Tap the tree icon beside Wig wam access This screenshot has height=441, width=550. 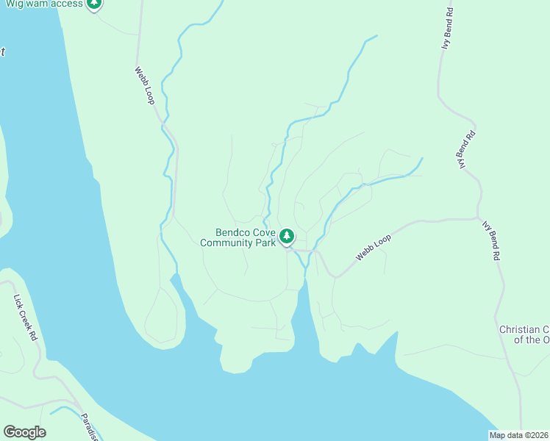(x=93, y=4)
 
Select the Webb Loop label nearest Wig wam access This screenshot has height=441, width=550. (x=144, y=85)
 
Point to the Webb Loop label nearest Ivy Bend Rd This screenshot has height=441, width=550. (x=374, y=245)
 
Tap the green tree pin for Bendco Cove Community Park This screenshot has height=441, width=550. (x=287, y=237)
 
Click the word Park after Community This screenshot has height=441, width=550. (x=266, y=243)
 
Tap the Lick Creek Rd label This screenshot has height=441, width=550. (x=25, y=318)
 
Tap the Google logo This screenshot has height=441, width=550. (x=24, y=432)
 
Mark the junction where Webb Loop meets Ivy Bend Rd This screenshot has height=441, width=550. (x=479, y=218)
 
